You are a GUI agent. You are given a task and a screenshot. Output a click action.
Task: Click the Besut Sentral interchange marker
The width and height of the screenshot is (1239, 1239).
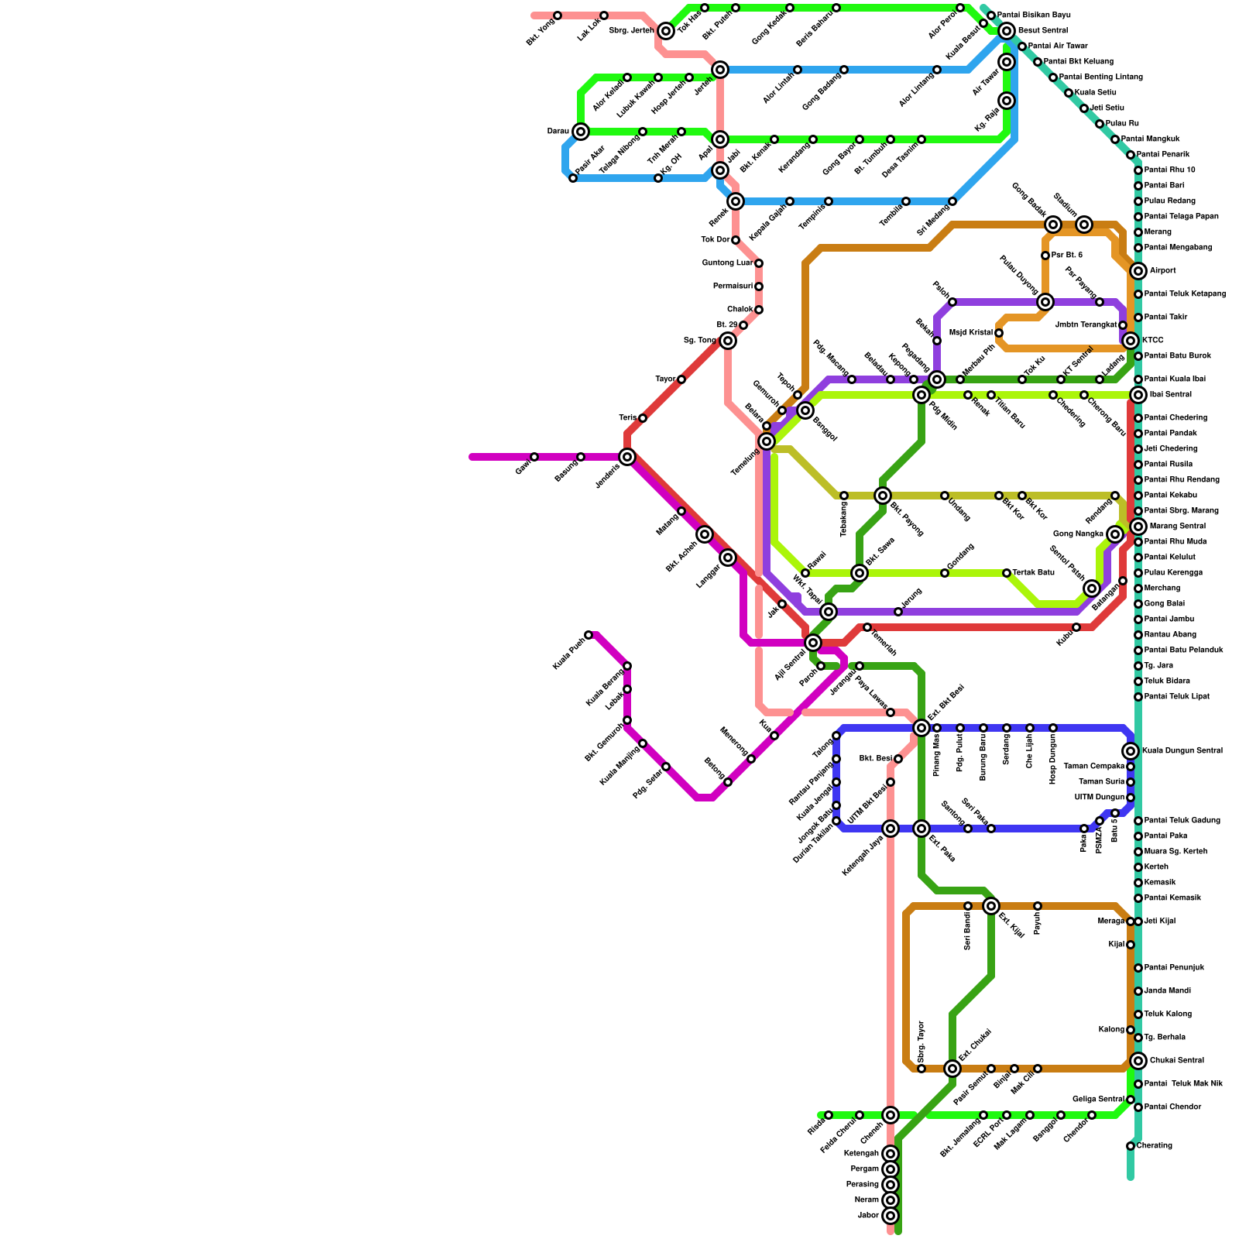[1007, 31]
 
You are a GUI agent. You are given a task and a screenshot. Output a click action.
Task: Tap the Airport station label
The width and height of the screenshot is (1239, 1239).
[1162, 271]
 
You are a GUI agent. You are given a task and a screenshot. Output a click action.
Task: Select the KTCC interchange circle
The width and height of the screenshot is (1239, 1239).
[1131, 341]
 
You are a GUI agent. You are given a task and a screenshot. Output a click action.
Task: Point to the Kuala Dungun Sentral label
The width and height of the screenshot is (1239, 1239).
[1182, 751]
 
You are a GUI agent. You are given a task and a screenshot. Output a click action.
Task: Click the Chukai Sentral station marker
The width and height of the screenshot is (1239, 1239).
[1138, 1061]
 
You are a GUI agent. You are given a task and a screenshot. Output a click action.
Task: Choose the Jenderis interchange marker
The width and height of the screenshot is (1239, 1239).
[627, 457]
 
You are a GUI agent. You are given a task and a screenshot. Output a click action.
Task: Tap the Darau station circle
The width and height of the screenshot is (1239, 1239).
[581, 132]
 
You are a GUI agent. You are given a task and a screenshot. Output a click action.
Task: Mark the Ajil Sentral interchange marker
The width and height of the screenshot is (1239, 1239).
[812, 643]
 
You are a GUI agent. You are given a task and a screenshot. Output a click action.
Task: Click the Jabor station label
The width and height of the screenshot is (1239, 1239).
[868, 1216]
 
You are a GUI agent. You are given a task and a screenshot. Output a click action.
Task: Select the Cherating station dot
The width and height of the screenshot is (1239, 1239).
[1131, 1146]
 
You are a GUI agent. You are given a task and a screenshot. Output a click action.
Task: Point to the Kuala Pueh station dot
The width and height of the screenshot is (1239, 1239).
[589, 635]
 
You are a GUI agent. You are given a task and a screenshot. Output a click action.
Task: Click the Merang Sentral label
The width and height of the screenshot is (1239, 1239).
[1177, 527]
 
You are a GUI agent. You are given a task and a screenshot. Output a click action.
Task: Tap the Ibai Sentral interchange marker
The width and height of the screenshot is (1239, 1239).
[1138, 395]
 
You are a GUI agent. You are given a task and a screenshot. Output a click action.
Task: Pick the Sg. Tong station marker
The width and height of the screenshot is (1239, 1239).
[728, 341]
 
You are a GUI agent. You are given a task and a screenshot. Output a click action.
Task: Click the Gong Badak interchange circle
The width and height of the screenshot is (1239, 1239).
[1053, 225]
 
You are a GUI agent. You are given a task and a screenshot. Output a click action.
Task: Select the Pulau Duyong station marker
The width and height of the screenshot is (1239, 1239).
[1045, 302]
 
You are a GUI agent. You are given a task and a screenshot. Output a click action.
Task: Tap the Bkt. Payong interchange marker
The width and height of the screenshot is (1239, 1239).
[883, 496]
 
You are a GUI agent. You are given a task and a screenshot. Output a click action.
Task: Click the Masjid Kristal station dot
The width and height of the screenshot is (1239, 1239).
[999, 333]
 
